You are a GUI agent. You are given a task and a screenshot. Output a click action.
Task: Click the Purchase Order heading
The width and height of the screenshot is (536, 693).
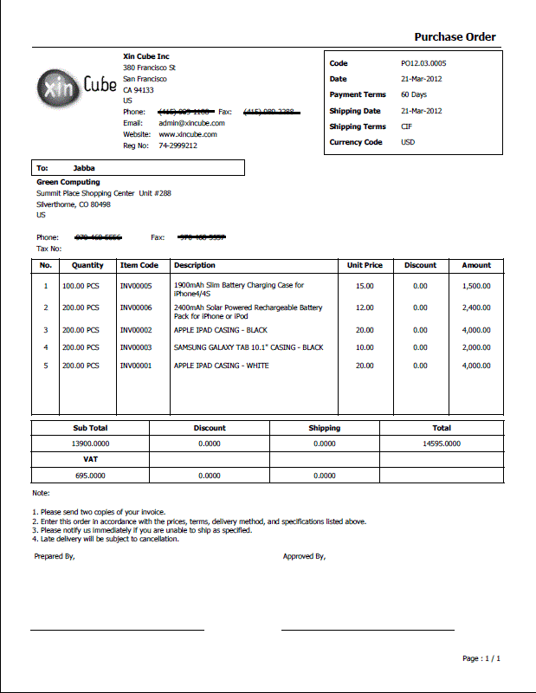click(x=455, y=36)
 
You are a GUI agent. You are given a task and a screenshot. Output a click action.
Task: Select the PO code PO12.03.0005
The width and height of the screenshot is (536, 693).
click(x=423, y=63)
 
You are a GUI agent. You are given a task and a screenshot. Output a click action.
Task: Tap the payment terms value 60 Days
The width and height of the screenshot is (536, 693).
click(x=413, y=94)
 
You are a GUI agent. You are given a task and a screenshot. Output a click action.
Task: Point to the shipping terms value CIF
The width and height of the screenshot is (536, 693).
click(x=406, y=126)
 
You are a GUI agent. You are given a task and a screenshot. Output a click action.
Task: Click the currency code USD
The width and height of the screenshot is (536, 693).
click(x=407, y=142)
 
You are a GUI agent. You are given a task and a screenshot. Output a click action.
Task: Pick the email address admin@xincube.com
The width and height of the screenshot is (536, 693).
click(x=191, y=123)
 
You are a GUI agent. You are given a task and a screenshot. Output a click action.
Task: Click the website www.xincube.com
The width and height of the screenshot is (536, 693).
click(x=187, y=134)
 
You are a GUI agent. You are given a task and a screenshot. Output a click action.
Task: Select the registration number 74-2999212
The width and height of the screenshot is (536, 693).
click(x=178, y=146)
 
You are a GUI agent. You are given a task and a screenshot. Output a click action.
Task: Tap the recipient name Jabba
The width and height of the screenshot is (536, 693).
click(x=84, y=168)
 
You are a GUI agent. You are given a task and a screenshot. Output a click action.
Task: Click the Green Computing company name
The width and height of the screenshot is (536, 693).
click(x=68, y=182)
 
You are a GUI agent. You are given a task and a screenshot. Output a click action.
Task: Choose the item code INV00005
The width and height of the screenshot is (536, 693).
click(x=136, y=285)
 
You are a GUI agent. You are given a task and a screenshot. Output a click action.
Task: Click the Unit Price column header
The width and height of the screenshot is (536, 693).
click(x=365, y=265)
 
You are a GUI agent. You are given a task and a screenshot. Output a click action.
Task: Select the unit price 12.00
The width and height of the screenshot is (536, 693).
click(x=365, y=308)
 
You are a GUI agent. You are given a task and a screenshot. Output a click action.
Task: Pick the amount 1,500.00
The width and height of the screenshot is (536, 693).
click(x=475, y=285)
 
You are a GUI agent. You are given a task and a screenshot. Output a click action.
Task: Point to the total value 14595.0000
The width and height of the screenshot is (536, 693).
click(x=442, y=443)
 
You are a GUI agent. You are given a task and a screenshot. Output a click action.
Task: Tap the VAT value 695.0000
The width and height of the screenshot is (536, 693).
click(x=90, y=476)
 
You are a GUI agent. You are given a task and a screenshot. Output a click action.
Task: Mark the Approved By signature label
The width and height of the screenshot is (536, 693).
click(x=304, y=556)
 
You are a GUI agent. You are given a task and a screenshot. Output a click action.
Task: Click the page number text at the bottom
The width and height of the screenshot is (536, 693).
click(x=481, y=658)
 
